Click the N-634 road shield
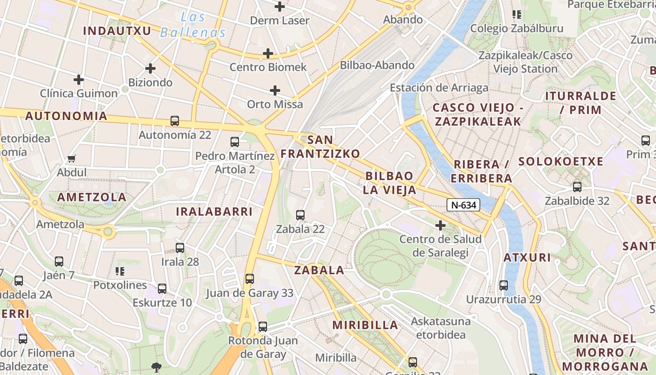(x=463, y=205)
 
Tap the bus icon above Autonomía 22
(x=175, y=121)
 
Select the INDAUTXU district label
(x=117, y=31)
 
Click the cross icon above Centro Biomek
(x=268, y=53)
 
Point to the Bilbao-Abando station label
(x=377, y=65)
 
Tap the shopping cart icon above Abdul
(x=72, y=159)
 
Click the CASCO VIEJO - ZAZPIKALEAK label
(x=477, y=114)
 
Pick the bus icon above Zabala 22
(x=300, y=215)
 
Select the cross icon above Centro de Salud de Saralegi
(x=440, y=225)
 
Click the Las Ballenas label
(x=193, y=25)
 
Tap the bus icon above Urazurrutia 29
(x=504, y=285)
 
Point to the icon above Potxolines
(x=120, y=271)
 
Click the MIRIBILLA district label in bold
(x=365, y=325)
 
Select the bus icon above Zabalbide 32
(x=577, y=187)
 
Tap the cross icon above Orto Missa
(x=275, y=90)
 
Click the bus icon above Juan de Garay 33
(x=250, y=279)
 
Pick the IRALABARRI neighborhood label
(x=214, y=211)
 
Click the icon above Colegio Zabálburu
(x=517, y=15)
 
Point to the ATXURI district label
(x=527, y=257)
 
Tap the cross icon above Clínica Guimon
(x=79, y=79)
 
